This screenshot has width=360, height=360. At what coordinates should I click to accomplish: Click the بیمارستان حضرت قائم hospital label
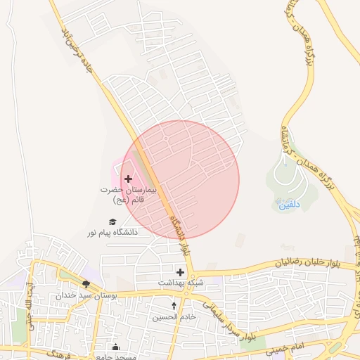click(x=127, y=195)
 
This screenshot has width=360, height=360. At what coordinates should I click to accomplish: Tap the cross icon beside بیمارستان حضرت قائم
click(x=128, y=179)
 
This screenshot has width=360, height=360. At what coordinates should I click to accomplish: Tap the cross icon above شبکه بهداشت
click(x=181, y=271)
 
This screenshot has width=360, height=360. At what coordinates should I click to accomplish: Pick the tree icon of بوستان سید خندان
click(x=86, y=283)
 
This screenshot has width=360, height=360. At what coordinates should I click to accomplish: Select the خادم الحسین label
click(x=174, y=317)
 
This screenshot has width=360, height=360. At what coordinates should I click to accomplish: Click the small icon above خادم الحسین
click(x=174, y=306)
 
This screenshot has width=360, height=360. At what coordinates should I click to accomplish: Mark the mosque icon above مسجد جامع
click(x=116, y=347)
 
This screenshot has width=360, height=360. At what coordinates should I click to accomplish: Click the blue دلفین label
click(x=288, y=205)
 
